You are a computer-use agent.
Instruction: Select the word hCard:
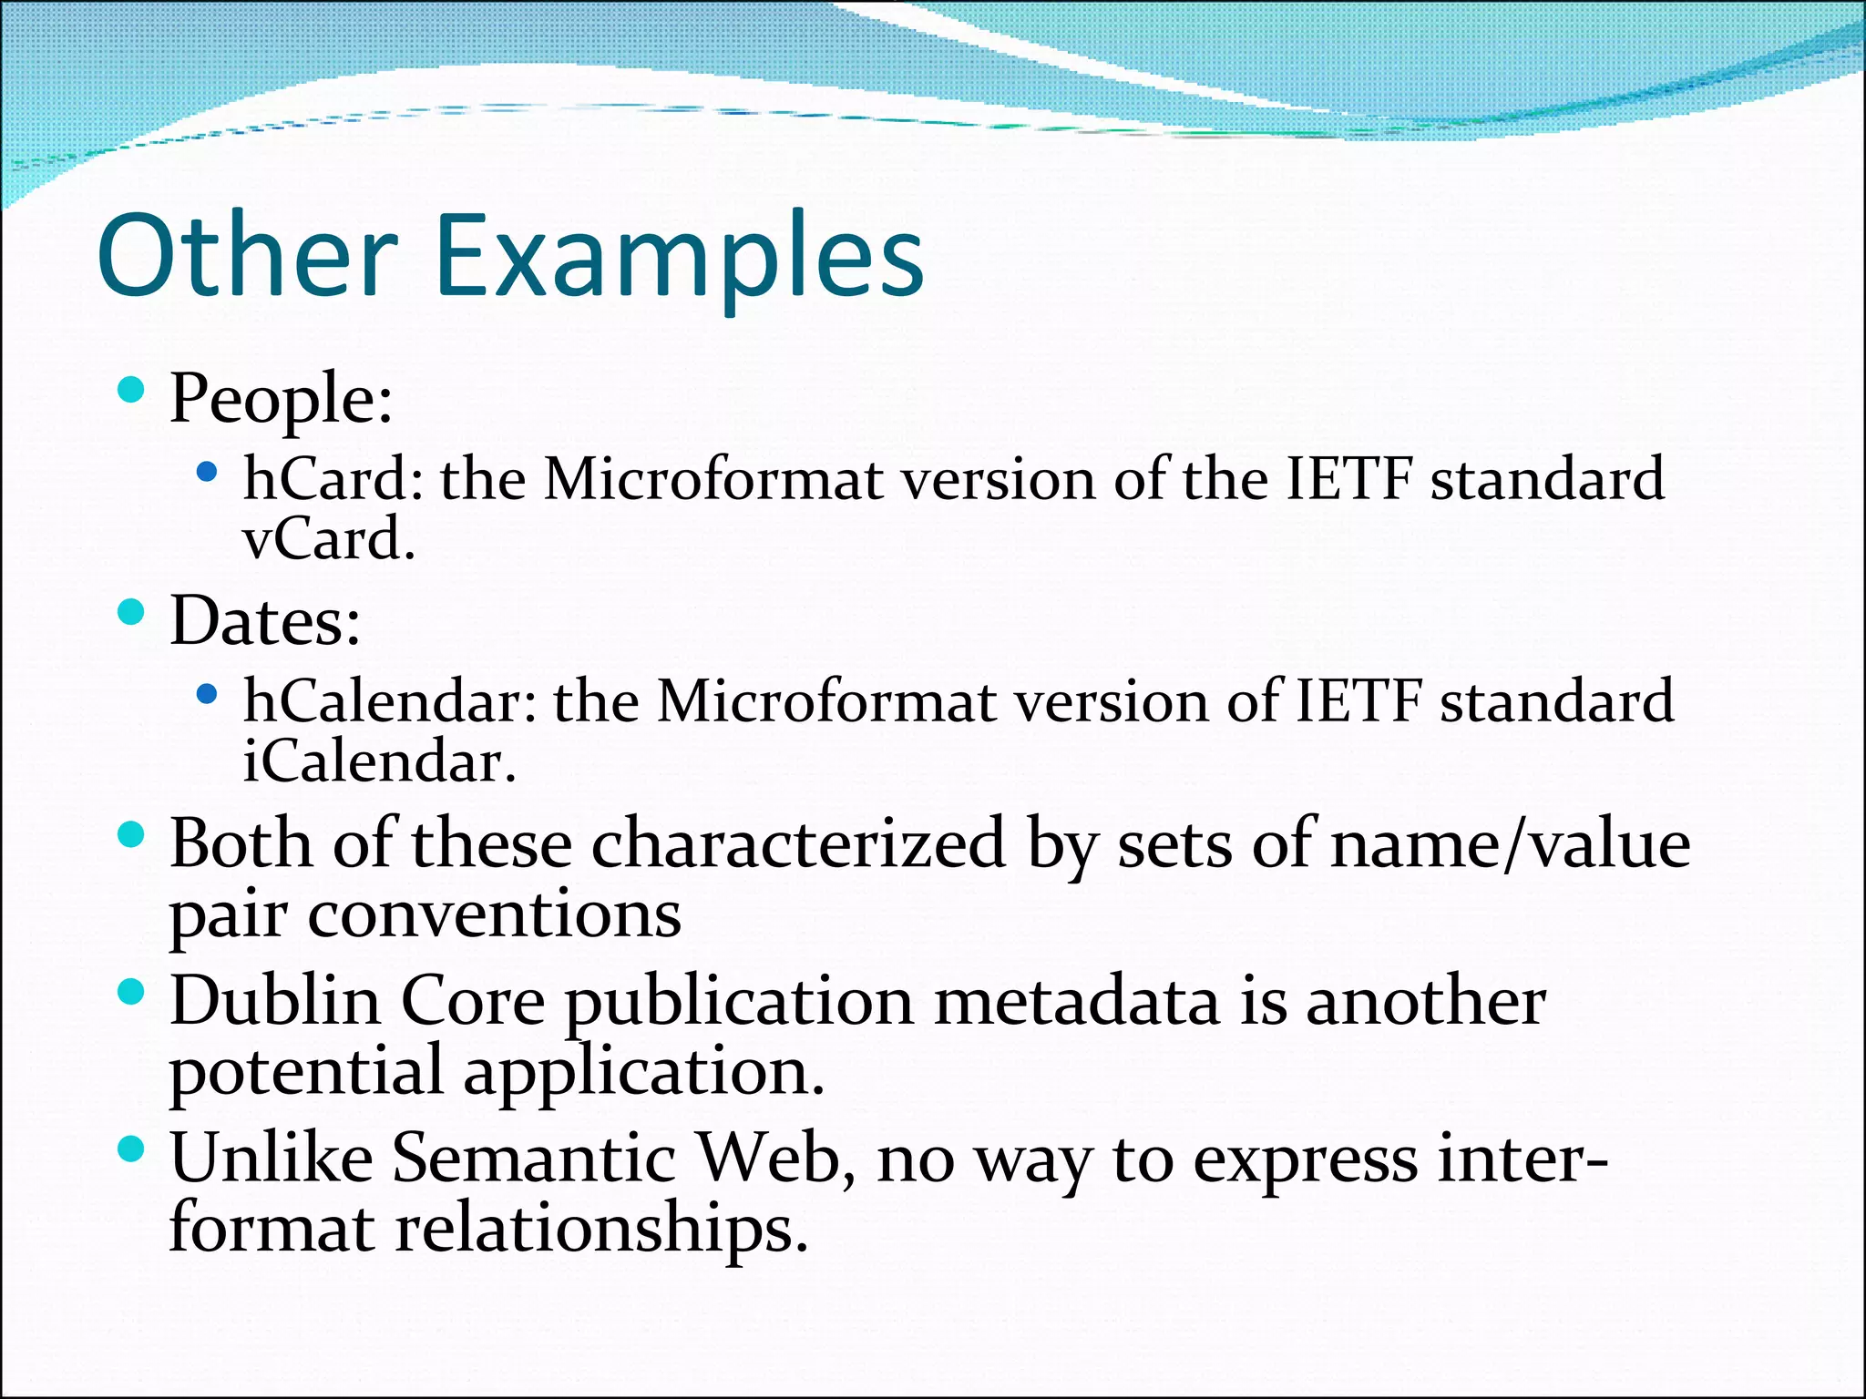(333, 479)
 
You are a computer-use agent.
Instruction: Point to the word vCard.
(329, 539)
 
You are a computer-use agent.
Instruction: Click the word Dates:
(265, 621)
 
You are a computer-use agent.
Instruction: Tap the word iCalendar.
(379, 761)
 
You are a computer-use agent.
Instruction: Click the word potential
(306, 1072)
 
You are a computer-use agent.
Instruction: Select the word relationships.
(601, 1230)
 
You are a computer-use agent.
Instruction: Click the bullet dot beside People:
(131, 390)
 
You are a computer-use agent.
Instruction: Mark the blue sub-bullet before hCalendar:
(207, 695)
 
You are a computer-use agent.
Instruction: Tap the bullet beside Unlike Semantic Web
(131, 1149)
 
